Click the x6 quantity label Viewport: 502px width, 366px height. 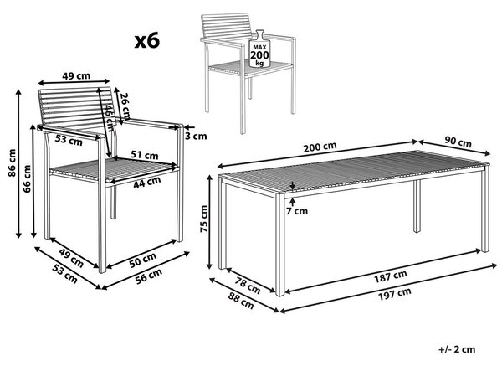(147, 41)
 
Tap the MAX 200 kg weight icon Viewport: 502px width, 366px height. (259, 49)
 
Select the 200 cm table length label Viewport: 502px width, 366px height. (320, 147)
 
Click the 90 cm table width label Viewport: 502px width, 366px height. (458, 142)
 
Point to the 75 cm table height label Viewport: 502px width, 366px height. (203, 219)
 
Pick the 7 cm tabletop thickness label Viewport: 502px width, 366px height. (297, 211)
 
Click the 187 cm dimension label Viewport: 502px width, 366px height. (391, 276)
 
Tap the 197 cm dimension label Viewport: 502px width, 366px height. (395, 294)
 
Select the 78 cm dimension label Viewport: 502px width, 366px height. (248, 286)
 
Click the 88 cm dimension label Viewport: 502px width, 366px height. (241, 301)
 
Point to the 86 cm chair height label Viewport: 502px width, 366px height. (12, 162)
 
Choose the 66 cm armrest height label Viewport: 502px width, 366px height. (28, 178)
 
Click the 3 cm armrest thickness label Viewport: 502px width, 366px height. (196, 137)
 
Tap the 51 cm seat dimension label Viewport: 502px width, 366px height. (145, 155)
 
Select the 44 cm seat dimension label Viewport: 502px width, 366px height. (147, 182)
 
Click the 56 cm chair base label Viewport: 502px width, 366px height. (149, 276)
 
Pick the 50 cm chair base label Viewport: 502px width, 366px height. (143, 260)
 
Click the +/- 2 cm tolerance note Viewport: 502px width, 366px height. (457, 349)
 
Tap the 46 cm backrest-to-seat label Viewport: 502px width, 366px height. (110, 119)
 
